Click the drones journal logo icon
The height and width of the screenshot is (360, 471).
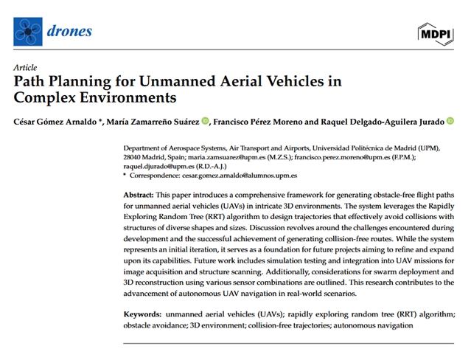(28, 31)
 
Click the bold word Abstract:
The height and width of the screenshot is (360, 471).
(139, 193)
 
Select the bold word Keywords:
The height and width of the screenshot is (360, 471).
(142, 314)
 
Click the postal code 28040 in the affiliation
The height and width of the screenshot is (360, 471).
(134, 157)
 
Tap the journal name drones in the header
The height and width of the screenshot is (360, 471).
(70, 31)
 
